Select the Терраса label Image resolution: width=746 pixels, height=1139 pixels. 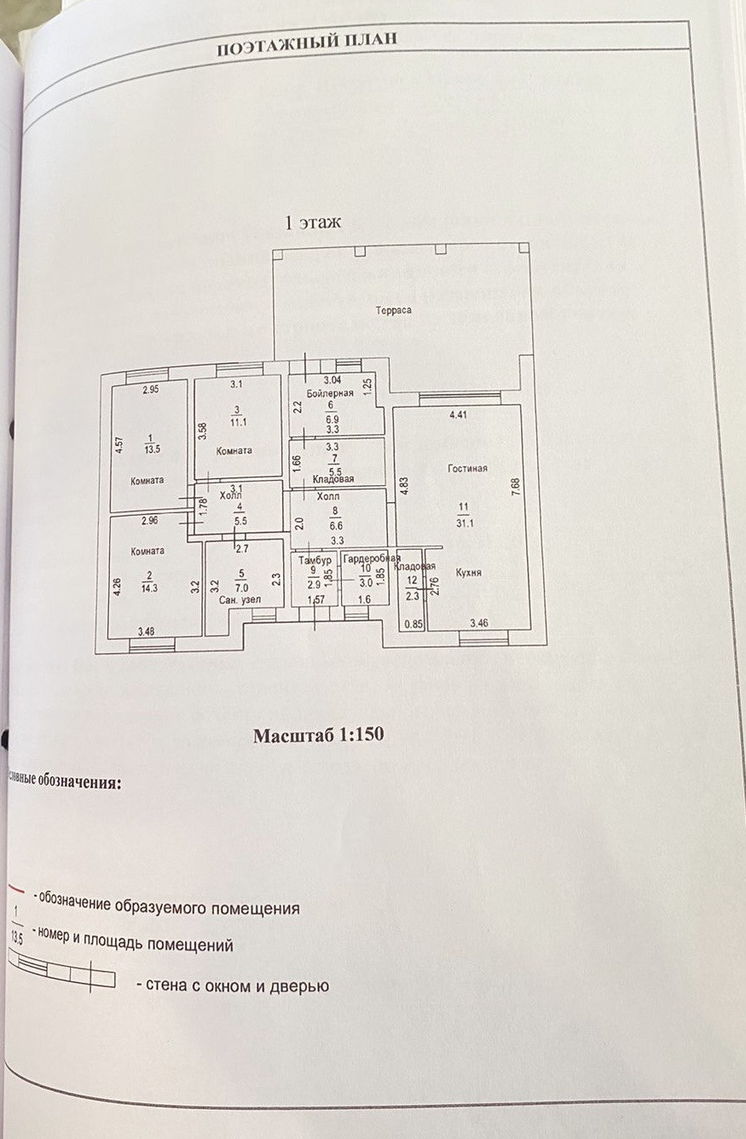pyautogui.click(x=395, y=310)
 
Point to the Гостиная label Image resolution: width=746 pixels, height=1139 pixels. pyautogui.click(x=466, y=469)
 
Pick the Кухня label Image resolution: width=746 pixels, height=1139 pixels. pyautogui.click(x=468, y=573)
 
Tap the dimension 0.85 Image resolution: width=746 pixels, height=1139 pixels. pyautogui.click(x=413, y=623)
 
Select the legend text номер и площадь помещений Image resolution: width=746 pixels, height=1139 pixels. pyautogui.click(x=133, y=945)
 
